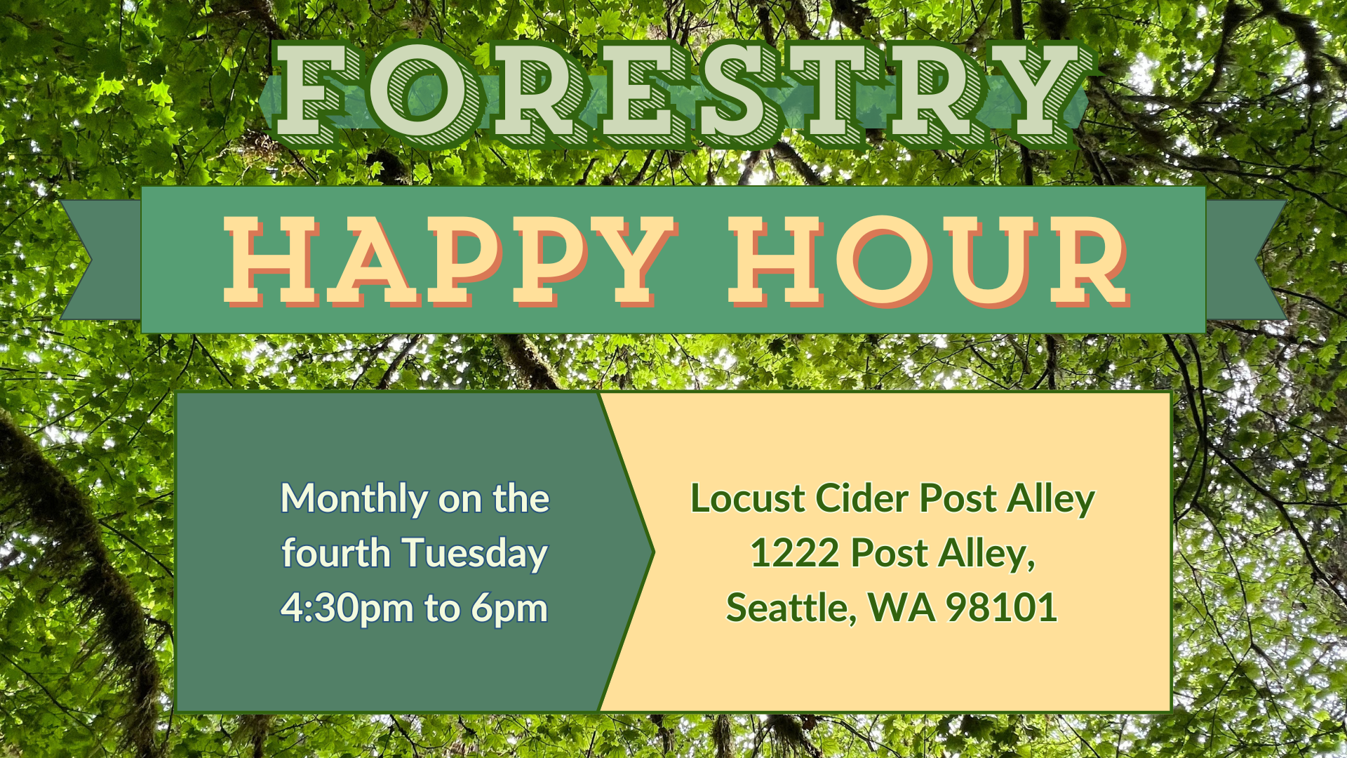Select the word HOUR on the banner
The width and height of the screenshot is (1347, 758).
pyautogui.click(x=929, y=261)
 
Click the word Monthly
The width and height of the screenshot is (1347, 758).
pyautogui.click(x=354, y=500)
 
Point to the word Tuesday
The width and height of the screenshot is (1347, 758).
pyautogui.click(x=474, y=554)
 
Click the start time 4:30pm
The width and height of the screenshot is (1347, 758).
pyautogui.click(x=347, y=609)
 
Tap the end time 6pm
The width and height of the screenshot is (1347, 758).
pyautogui.click(x=509, y=609)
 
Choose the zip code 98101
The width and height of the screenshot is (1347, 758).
pyautogui.click(x=1001, y=608)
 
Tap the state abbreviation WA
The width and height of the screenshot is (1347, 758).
pyautogui.click(x=902, y=608)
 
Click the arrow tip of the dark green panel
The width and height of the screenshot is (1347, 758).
pyautogui.click(x=654, y=552)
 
